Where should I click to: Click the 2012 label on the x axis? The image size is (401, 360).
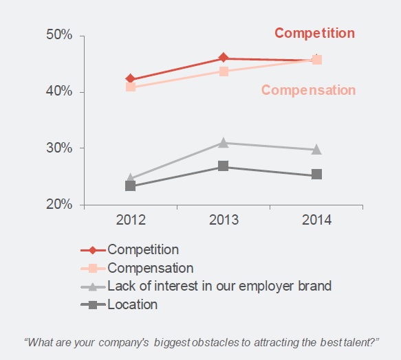point(131,221)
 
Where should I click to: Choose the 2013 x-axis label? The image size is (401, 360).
point(224,221)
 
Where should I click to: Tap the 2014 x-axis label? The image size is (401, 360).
point(316,221)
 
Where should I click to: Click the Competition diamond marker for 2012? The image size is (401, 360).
point(131,80)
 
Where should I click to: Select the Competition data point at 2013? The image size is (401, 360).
point(224,58)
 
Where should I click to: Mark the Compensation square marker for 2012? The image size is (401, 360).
point(131,87)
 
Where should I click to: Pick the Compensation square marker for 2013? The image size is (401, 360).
point(224,71)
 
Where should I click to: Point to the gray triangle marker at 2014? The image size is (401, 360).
point(316,149)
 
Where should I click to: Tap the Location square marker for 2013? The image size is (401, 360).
point(224,166)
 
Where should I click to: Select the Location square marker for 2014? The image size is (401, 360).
point(316,175)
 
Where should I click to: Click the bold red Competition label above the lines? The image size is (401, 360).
point(314,33)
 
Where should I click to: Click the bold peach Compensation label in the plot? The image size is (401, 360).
point(308,90)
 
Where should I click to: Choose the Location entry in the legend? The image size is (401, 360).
point(132,304)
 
